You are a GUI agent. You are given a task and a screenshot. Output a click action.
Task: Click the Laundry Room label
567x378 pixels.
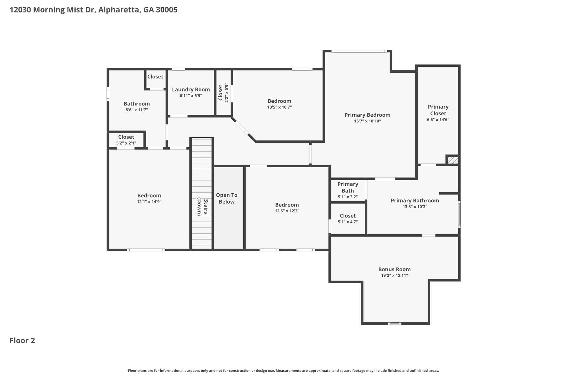tap(191, 89)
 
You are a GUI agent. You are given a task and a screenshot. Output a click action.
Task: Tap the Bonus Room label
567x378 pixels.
tap(394, 269)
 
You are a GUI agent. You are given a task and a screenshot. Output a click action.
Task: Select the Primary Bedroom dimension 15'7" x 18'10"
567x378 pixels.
tap(367, 121)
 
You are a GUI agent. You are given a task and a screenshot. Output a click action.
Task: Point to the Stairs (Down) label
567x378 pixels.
tap(202, 207)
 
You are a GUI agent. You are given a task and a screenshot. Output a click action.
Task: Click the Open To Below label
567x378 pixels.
tap(227, 199)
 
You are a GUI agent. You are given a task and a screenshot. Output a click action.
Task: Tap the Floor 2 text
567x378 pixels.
tap(22, 341)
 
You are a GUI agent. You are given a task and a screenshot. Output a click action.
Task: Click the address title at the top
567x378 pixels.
tap(94, 10)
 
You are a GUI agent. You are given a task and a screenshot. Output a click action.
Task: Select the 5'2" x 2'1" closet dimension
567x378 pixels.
tap(126, 143)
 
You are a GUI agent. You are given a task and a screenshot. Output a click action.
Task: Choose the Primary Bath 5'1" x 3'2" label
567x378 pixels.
tap(348, 191)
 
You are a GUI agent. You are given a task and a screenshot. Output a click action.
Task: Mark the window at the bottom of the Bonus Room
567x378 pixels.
tap(395, 323)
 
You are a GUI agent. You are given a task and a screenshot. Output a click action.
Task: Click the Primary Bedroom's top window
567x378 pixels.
tap(359, 51)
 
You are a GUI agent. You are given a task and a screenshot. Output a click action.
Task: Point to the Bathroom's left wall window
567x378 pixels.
tap(108, 94)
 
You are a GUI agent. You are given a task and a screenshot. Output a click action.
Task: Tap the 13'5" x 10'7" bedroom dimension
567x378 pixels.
tap(279, 107)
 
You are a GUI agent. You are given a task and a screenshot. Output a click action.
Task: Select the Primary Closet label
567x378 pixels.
tap(438, 110)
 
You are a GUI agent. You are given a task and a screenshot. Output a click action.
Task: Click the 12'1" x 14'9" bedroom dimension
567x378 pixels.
tap(149, 202)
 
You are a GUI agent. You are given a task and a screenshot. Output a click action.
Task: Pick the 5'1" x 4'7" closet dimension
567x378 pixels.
tap(348, 222)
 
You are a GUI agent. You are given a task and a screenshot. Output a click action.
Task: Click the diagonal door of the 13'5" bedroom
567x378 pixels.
tap(242, 127)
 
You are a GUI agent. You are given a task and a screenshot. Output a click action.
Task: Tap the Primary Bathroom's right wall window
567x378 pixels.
tap(459, 214)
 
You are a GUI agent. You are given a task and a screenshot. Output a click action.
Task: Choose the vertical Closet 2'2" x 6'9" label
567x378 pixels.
tap(223, 92)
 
